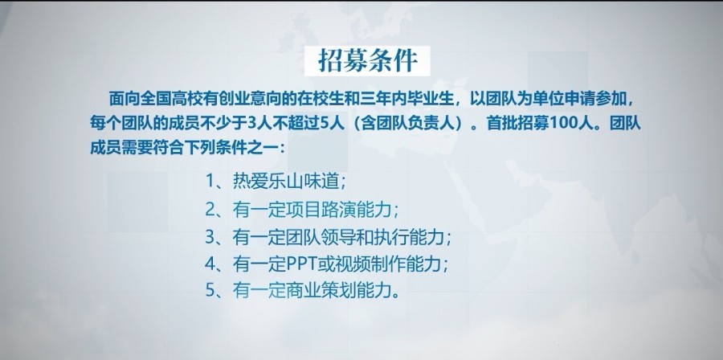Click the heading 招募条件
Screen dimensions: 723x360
tap(367, 61)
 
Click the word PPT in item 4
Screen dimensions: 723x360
tap(300, 264)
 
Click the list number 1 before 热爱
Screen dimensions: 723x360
tap(210, 181)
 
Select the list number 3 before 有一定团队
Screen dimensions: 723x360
tap(210, 237)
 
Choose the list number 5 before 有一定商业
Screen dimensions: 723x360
tap(210, 292)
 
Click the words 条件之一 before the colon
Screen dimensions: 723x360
tap(250, 148)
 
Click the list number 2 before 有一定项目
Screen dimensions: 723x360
tap(210, 210)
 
